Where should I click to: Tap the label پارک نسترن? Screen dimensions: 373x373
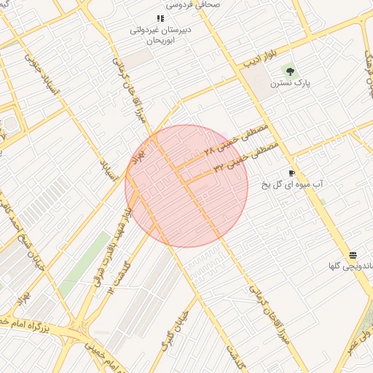[291, 84]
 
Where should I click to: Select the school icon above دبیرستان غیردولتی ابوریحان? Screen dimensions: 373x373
[160, 18]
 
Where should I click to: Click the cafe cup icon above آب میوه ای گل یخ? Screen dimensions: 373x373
[291, 173]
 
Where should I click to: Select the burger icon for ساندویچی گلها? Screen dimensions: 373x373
[353, 254]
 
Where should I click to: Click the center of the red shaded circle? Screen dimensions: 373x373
[186, 186]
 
